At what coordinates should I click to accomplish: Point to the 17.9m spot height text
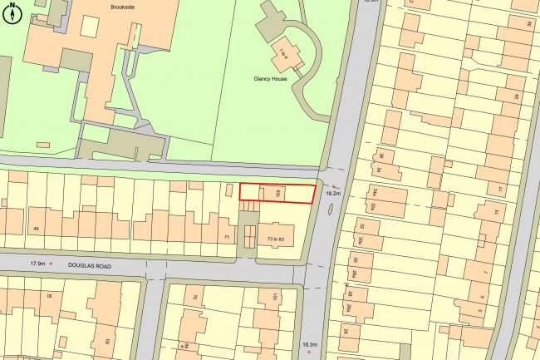pos(37,263)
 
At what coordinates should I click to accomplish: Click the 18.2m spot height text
pos(334,193)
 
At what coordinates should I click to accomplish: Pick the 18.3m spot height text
pos(309,343)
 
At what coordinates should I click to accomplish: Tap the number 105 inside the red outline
pos(277,193)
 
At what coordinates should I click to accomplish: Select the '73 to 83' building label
pos(276,239)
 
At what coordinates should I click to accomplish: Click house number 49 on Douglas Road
pos(36,229)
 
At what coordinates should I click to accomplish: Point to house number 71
pos(227,238)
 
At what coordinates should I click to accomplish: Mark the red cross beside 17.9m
pos(52,264)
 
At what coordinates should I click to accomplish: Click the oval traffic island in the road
pos(332,212)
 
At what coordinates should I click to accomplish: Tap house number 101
pos(273,297)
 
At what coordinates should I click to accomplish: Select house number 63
pos(107,341)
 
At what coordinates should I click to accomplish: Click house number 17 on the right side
pos(500,190)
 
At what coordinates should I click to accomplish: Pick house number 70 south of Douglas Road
pos(196,297)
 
